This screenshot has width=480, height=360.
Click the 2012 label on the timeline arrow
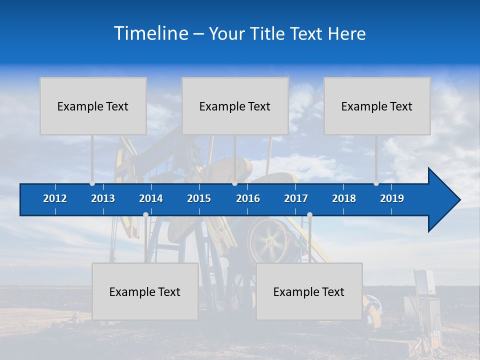(55, 198)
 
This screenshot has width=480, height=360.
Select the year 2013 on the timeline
(103, 198)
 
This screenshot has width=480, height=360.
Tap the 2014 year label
(151, 198)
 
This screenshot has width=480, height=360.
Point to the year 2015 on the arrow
(199, 198)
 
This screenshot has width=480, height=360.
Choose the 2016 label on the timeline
(248, 198)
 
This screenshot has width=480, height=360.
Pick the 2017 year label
(296, 198)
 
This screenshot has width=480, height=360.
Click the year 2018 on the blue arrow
(344, 198)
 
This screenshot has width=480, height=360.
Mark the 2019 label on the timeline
(392, 198)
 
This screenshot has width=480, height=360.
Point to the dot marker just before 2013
(92, 183)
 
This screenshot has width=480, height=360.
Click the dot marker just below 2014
(145, 215)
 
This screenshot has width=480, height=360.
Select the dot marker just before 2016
(234, 183)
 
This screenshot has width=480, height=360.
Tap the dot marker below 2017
(309, 215)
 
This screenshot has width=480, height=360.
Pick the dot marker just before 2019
(376, 183)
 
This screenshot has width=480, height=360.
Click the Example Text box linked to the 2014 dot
(145, 291)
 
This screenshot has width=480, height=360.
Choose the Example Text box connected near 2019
(377, 106)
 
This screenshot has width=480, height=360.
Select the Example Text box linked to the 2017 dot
(309, 291)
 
